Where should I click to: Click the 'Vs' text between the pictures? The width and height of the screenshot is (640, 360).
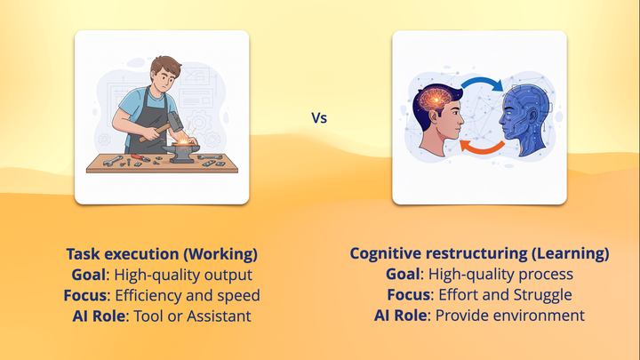pos(319,116)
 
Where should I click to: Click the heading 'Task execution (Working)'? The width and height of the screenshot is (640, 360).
pos(161,253)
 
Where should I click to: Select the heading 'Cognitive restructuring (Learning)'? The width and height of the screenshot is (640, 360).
pos(479,253)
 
